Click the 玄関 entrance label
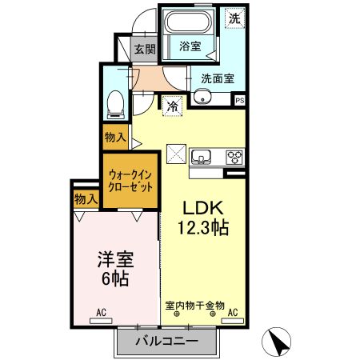145,50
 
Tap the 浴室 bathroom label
190,46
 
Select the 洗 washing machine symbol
234,18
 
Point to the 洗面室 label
217,78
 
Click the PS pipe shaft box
239,100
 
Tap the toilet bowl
115,102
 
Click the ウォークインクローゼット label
130,180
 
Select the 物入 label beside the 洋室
85,198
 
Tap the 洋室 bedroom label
114,259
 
